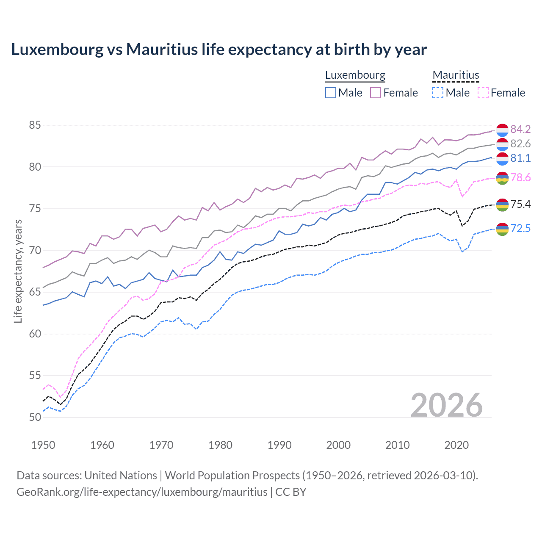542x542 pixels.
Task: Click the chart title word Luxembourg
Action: [x=57, y=50]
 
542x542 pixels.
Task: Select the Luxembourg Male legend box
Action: [x=331, y=93]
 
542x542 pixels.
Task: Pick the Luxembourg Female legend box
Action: [x=376, y=93]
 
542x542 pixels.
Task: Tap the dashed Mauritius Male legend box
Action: [x=438, y=93]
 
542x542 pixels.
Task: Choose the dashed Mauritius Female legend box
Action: [x=483, y=93]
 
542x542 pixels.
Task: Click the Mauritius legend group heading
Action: [x=456, y=75]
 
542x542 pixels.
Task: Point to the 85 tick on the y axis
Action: [x=35, y=125]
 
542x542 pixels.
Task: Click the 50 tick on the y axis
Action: [x=35, y=417]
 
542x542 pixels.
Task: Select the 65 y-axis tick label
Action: [x=35, y=292]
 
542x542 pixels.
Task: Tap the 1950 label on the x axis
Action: [x=43, y=445]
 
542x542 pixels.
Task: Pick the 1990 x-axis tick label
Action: [x=279, y=445]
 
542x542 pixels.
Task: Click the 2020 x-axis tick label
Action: [x=456, y=445]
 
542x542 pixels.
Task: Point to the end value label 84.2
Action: [x=520, y=129]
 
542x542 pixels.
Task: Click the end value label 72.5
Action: [x=520, y=229]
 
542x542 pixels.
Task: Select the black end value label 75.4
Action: [x=520, y=205]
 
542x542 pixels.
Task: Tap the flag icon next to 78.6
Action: [x=502, y=178]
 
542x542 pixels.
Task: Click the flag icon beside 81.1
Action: [x=502, y=159]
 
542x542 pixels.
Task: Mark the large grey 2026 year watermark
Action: [x=447, y=405]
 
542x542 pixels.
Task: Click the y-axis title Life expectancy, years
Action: [x=18, y=271]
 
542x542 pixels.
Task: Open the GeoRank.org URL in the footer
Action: [x=142, y=492]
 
